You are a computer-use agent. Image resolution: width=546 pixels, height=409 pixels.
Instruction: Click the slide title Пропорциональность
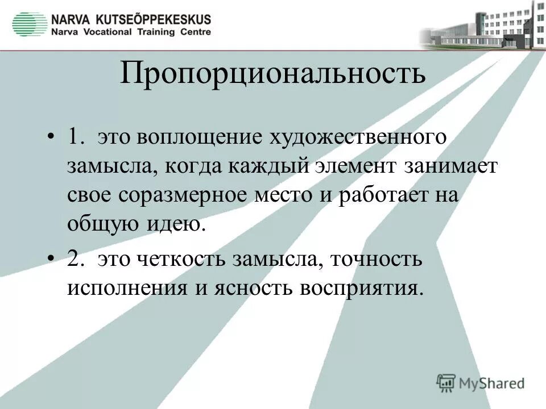[x=272, y=74]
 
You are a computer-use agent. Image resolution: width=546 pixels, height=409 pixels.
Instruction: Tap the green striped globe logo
[x=30, y=24]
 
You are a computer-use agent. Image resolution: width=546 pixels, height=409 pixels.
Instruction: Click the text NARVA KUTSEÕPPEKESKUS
[x=131, y=19]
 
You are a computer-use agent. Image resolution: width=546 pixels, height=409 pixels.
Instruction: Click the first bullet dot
[x=52, y=138]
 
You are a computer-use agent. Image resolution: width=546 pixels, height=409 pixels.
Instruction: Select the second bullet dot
[x=52, y=260]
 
